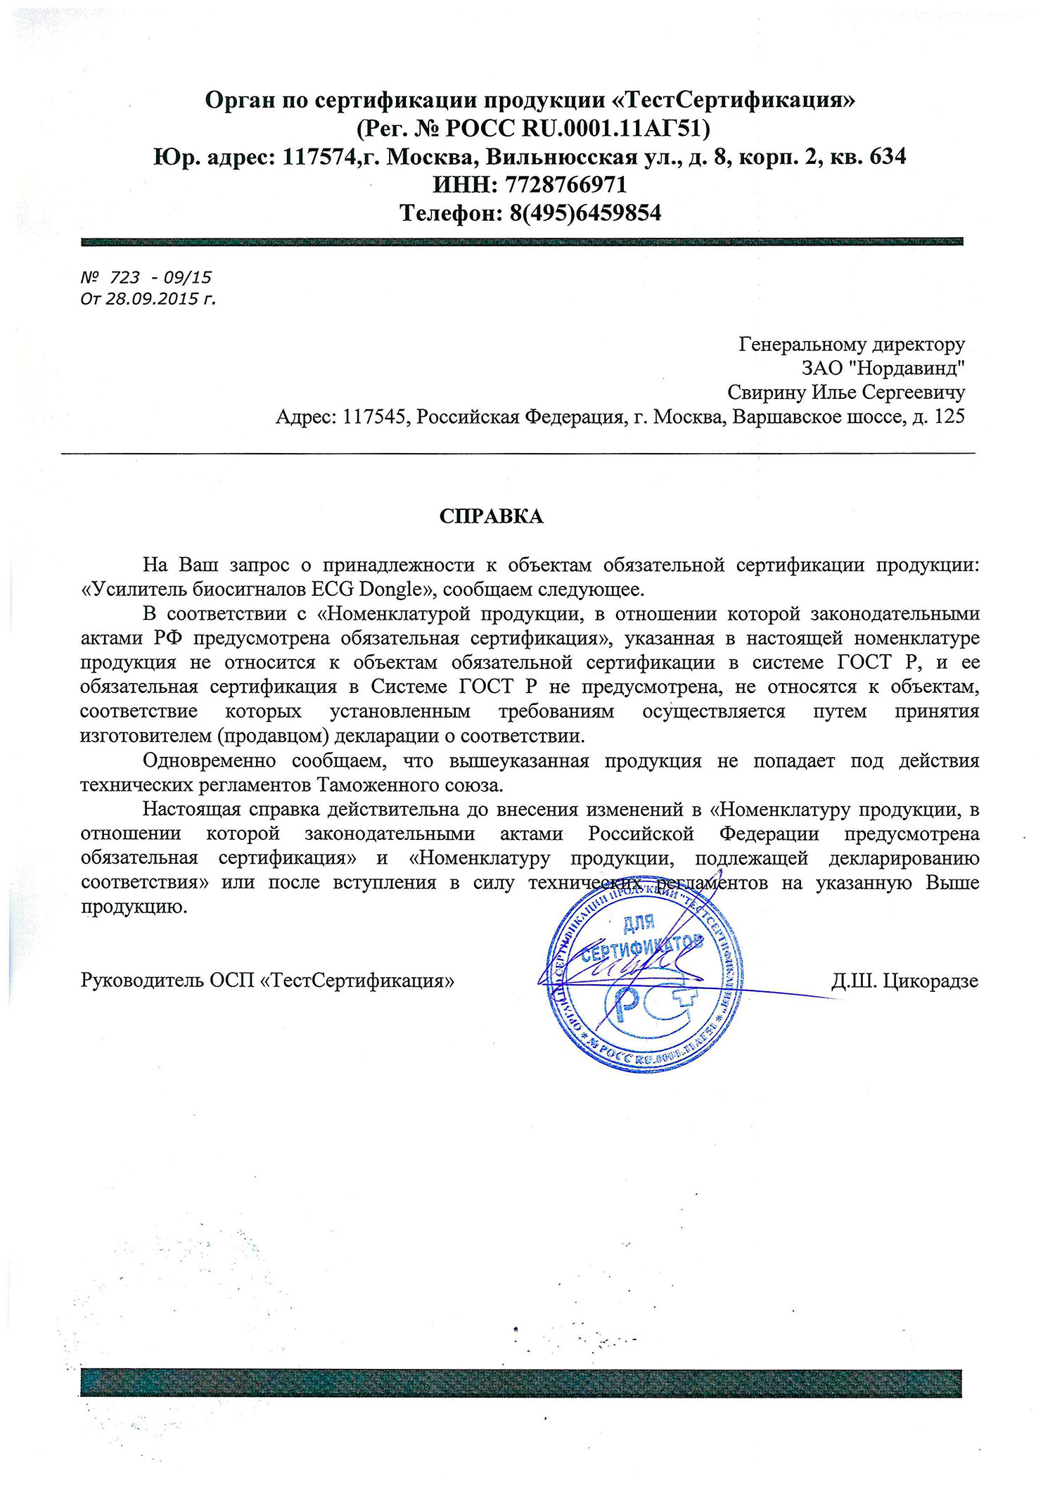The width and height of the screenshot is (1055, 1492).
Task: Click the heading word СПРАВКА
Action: (x=491, y=516)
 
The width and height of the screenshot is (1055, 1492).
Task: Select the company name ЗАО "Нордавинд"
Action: (x=883, y=368)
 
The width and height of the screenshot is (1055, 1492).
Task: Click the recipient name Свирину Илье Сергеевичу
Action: (x=845, y=392)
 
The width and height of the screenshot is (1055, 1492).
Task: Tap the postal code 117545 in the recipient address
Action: (x=373, y=416)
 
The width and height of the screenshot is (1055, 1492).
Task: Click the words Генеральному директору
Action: (x=852, y=344)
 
